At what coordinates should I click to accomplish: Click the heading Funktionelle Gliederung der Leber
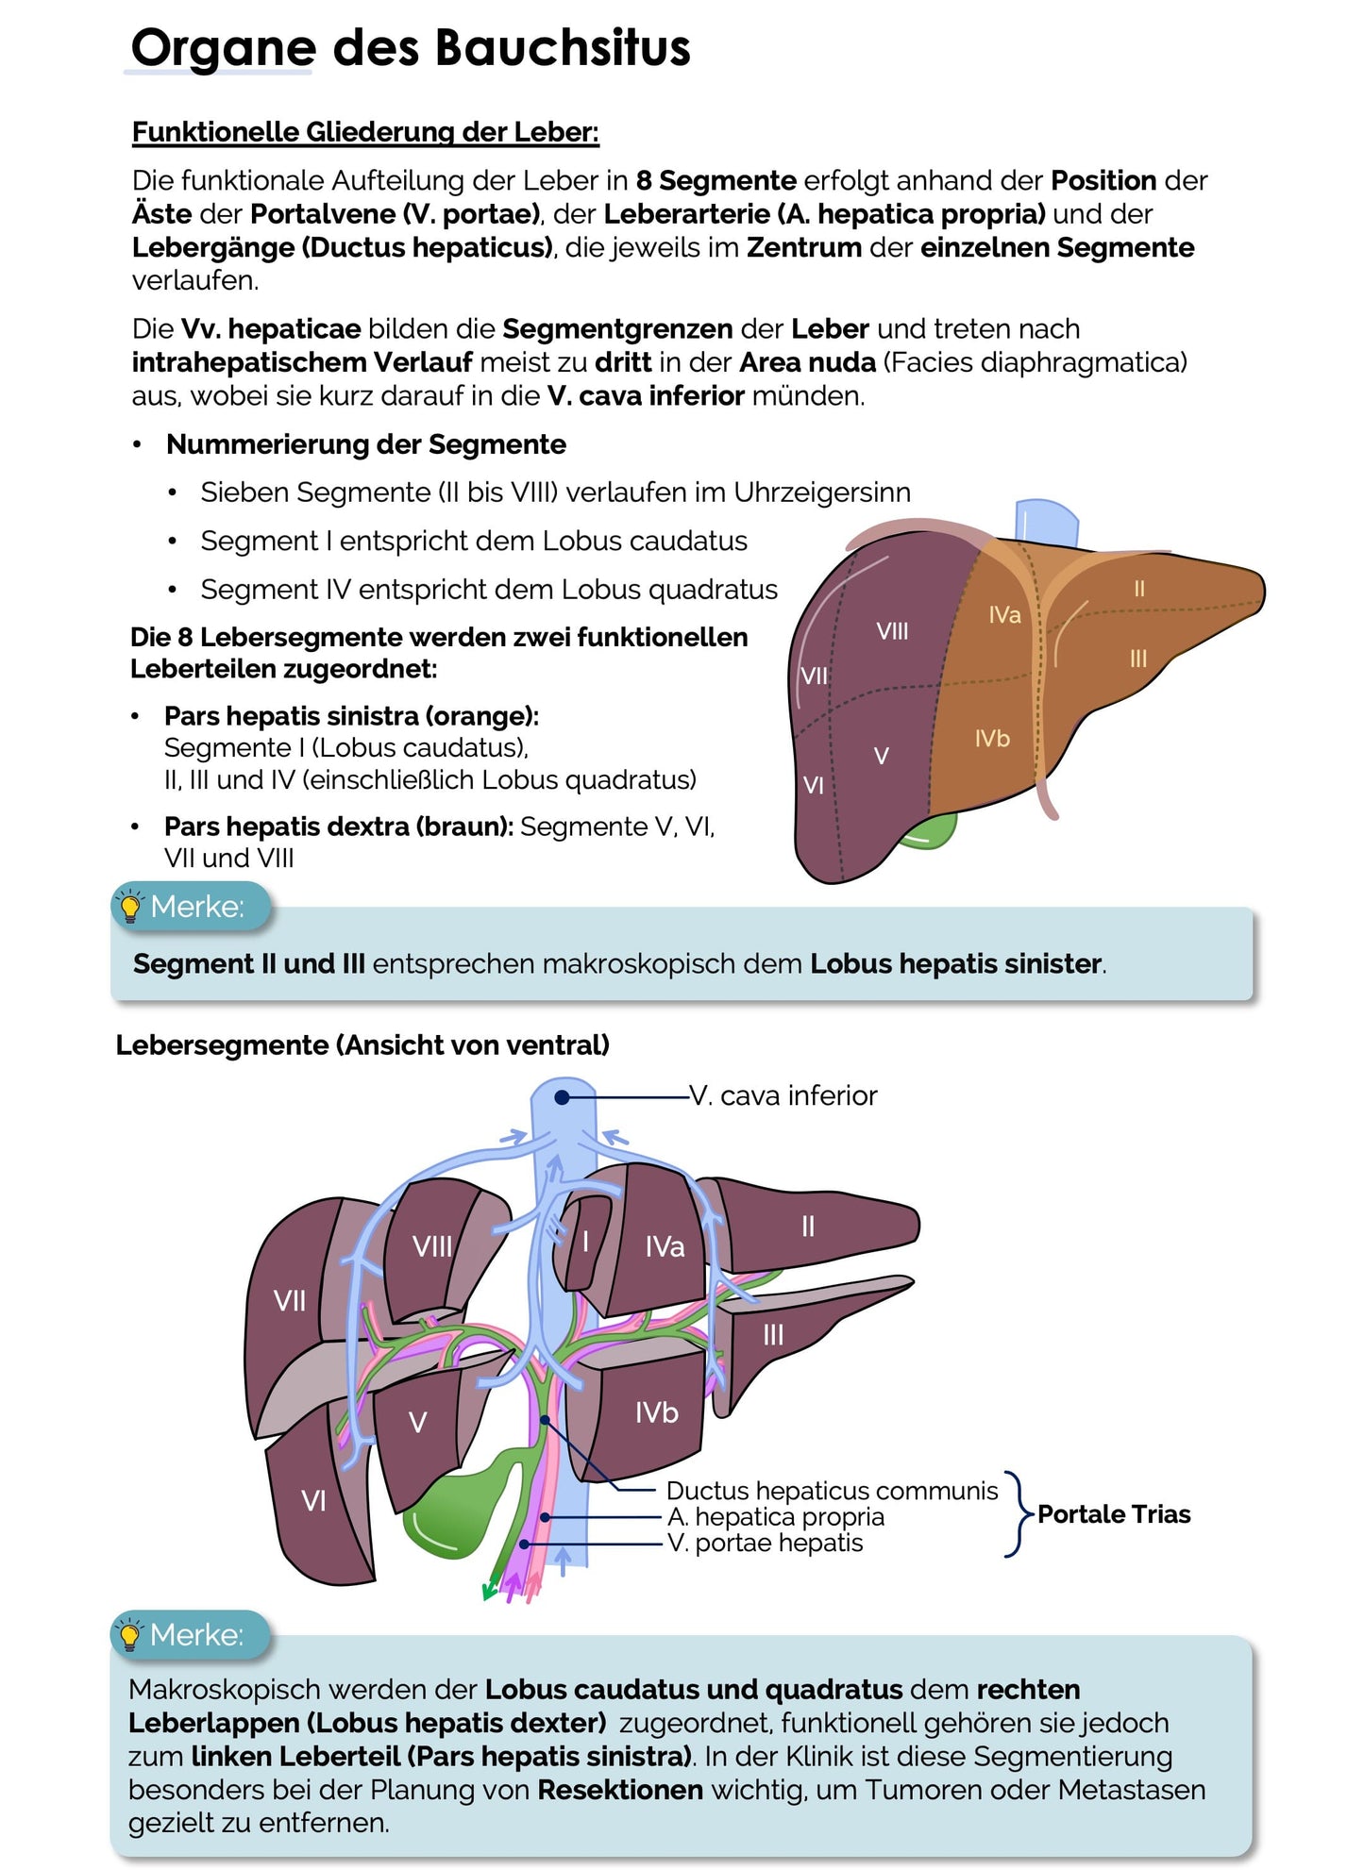click(x=365, y=132)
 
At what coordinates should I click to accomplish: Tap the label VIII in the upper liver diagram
click(x=892, y=631)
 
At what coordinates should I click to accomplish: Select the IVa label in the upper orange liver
click(x=1004, y=615)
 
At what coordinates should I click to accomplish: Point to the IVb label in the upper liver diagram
click(x=992, y=738)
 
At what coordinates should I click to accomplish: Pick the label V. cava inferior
click(x=783, y=1095)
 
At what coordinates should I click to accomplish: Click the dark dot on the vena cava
click(x=562, y=1097)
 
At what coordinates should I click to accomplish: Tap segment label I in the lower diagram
click(x=585, y=1241)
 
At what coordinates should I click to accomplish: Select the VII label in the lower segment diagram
click(x=290, y=1301)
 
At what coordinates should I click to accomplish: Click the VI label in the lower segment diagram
click(x=313, y=1500)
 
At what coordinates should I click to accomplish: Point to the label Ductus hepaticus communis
click(x=832, y=1491)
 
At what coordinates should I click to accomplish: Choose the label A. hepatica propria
click(x=776, y=1516)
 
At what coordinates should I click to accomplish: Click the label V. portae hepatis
click(x=765, y=1543)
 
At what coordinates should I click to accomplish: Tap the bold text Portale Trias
click(x=1114, y=1514)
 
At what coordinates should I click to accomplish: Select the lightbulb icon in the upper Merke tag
click(x=130, y=907)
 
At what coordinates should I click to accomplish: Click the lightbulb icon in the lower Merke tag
click(x=130, y=1635)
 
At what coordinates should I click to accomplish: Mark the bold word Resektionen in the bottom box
click(x=620, y=1790)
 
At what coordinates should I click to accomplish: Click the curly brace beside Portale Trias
click(x=1016, y=1514)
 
